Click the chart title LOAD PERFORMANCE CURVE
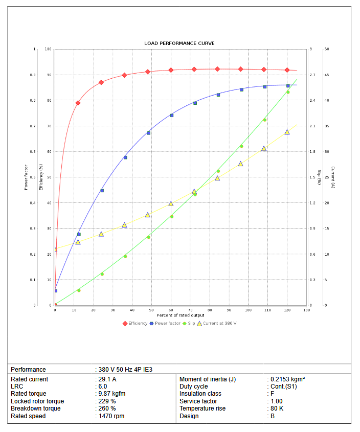[179, 43]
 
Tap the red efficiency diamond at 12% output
[78, 103]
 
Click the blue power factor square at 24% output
[102, 190]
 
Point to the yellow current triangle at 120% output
[287, 132]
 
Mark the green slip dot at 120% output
[288, 92]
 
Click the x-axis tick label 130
[306, 310]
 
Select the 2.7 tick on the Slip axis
[312, 75]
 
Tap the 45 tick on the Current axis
[327, 75]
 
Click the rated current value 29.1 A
[107, 379]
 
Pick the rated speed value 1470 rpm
[111, 416]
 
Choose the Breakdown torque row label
[36, 408]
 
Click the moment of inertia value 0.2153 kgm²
[287, 379]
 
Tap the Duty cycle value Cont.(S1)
[283, 386]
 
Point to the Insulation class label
[200, 394]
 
